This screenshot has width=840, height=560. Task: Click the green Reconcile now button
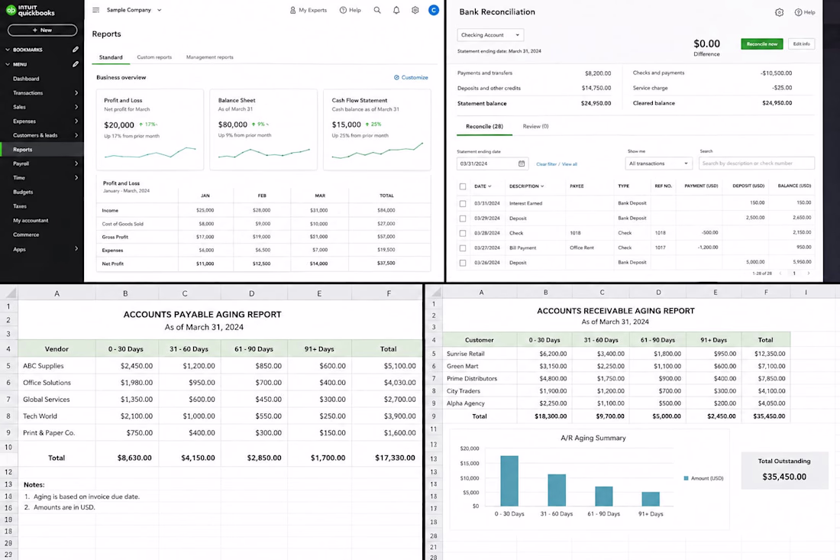(762, 44)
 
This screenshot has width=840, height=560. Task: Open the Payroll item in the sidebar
(21, 163)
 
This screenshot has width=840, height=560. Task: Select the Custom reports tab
(154, 57)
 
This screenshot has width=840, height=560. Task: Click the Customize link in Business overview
(411, 77)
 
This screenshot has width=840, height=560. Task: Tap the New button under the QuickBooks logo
(42, 30)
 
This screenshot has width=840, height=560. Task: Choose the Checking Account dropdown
(490, 35)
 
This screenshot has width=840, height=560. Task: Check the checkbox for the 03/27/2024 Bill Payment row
(463, 248)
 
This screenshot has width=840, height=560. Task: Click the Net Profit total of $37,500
(386, 263)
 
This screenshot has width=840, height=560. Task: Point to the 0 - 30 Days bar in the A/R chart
(509, 481)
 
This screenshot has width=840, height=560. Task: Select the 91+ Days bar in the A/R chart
(651, 499)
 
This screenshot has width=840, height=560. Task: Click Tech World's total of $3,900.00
(399, 416)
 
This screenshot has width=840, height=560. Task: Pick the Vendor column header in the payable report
(57, 349)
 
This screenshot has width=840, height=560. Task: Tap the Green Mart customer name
(462, 366)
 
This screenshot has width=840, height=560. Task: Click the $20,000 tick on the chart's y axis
(470, 448)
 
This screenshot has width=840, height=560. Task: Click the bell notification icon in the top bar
(396, 10)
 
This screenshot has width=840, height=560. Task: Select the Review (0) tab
(536, 127)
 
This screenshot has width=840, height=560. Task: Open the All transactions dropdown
(658, 163)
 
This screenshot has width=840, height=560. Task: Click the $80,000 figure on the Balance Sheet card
(232, 125)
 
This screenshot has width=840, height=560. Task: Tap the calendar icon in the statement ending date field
(522, 163)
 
